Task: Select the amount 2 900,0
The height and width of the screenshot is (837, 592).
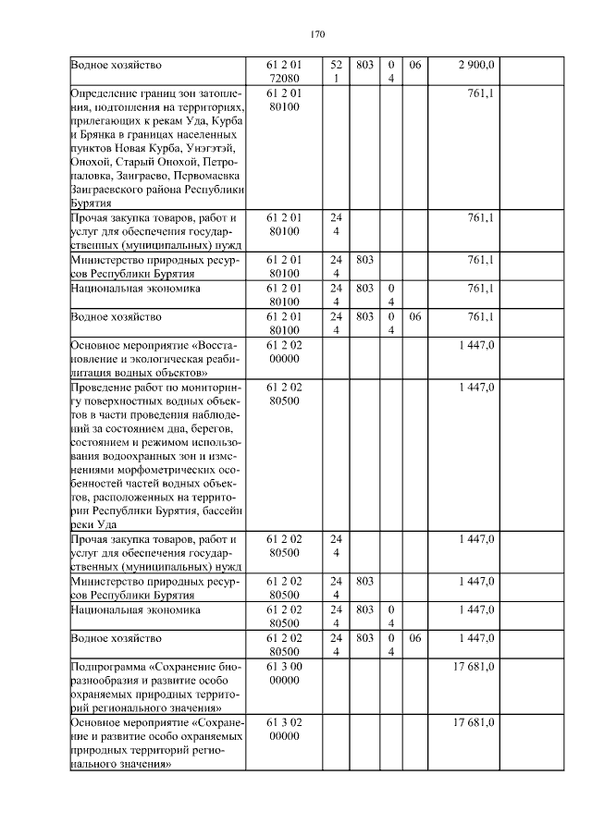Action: [x=476, y=65]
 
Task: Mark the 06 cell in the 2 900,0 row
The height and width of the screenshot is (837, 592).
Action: [x=414, y=65]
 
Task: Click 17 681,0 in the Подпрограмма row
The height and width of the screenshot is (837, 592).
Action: [x=475, y=666]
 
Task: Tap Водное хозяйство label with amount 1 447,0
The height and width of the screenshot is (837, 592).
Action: [x=116, y=638]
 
